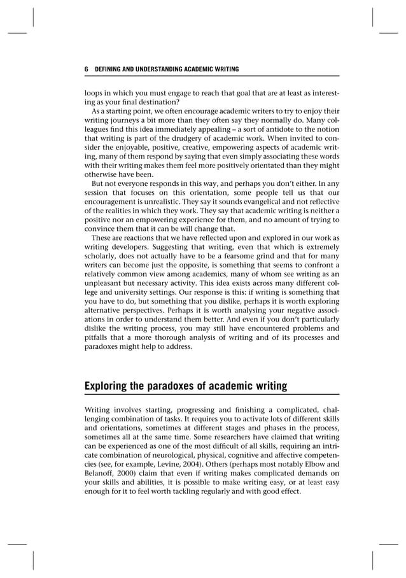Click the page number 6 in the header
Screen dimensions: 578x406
tap(87, 69)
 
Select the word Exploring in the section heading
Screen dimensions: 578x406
tap(109, 386)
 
